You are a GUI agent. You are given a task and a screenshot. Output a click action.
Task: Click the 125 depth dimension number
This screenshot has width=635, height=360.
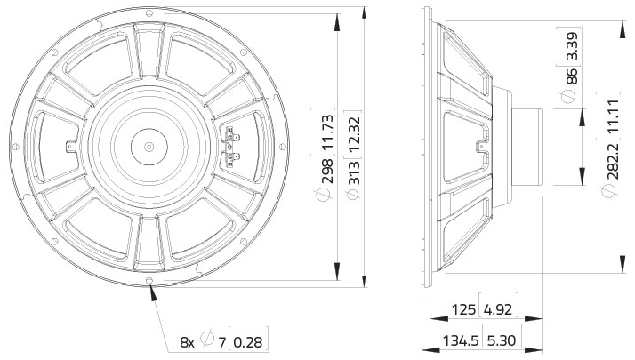462,311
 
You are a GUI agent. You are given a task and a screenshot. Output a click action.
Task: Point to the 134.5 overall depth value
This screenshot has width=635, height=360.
462,341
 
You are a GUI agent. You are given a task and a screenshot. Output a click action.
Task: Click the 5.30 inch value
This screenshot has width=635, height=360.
502,341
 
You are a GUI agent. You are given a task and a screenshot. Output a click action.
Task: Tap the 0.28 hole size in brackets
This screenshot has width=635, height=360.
250,341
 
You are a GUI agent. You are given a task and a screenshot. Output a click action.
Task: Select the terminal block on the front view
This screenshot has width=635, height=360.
233,146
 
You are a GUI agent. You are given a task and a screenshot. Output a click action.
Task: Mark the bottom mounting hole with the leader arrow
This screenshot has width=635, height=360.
149,283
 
